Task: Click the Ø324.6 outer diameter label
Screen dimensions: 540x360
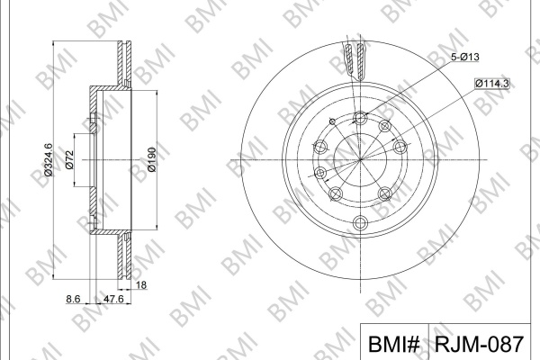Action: (48, 159)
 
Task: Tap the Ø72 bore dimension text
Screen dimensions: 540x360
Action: (69, 160)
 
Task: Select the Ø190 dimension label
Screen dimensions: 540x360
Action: (151, 159)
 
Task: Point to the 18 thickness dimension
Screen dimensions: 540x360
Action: (141, 285)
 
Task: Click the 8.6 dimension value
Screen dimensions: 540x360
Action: (73, 299)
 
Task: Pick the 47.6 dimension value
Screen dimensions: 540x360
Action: (113, 299)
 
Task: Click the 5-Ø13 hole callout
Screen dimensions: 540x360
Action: (465, 57)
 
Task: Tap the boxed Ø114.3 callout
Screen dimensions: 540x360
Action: (491, 84)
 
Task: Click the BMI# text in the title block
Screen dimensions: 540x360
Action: (393, 344)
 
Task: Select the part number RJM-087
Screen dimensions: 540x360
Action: (480, 344)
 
